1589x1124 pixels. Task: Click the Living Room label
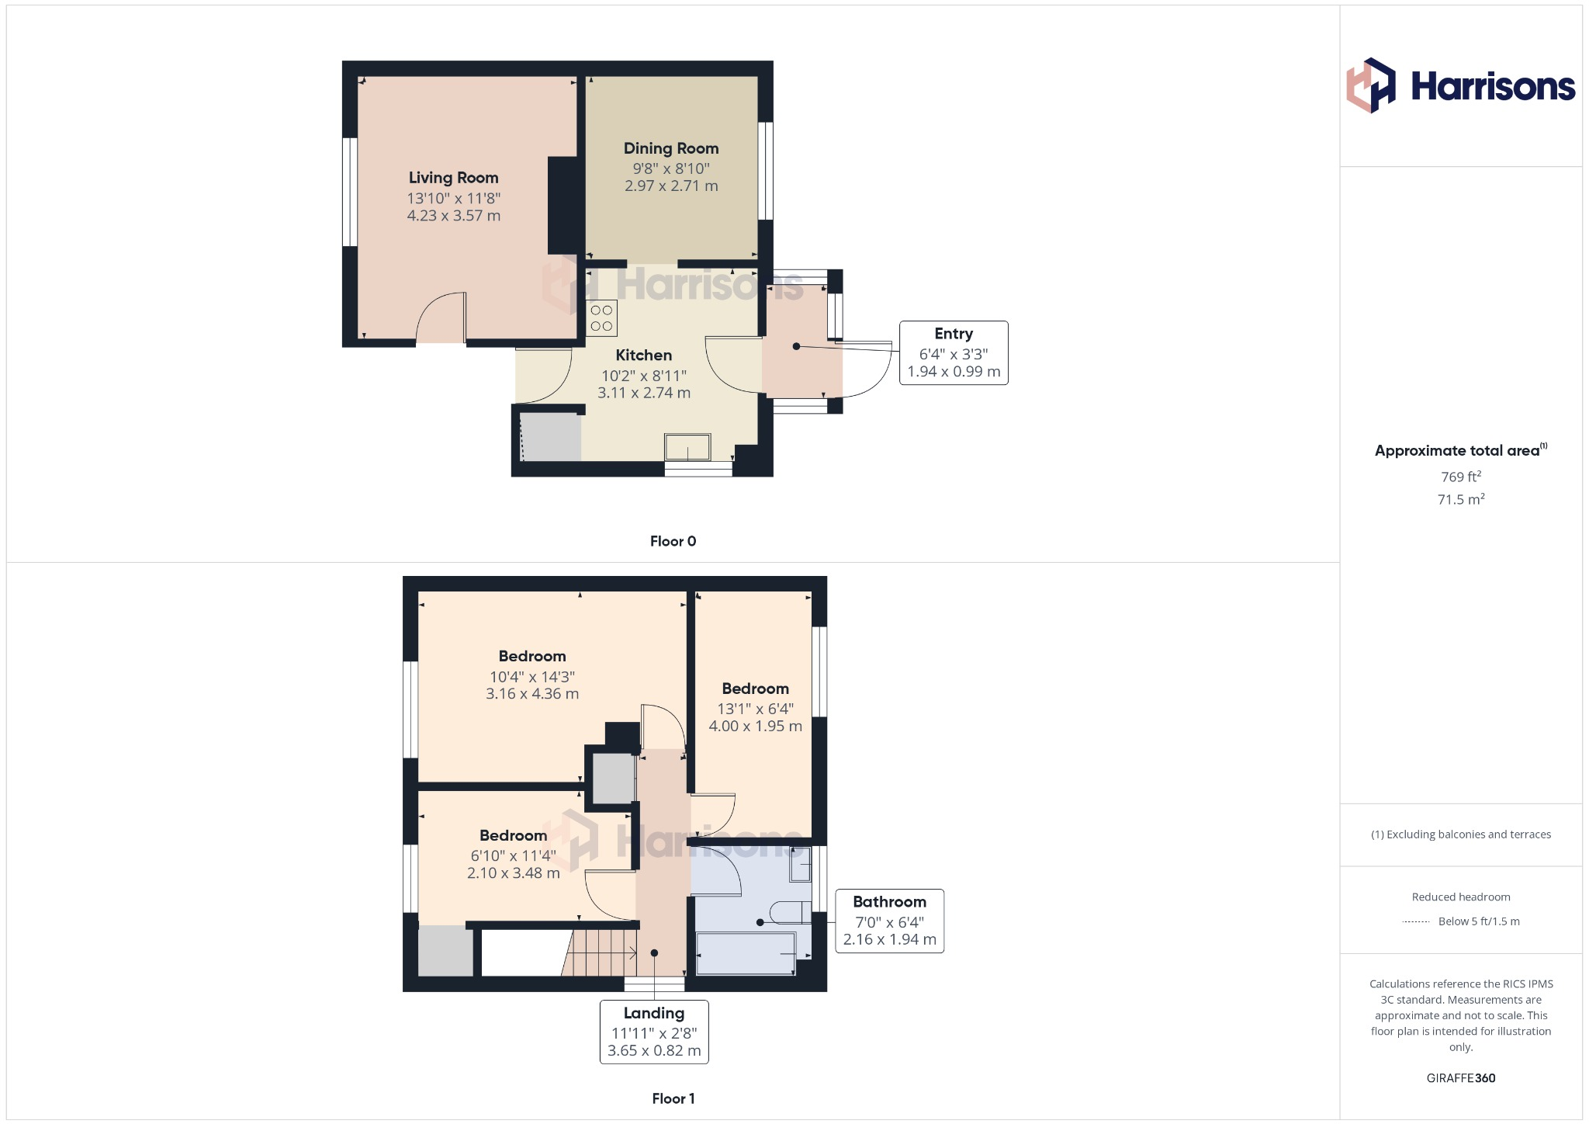[453, 178]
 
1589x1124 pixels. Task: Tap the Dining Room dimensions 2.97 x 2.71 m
[671, 186]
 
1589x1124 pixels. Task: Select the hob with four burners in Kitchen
[602, 318]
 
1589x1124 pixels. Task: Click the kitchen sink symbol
[687, 448]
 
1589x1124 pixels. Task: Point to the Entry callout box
[954, 353]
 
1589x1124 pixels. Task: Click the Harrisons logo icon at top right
[1371, 85]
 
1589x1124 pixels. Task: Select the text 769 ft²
[1461, 477]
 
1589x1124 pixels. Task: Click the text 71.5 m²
[1461, 499]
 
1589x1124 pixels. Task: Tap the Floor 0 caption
[673, 541]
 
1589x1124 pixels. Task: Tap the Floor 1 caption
[673, 1098]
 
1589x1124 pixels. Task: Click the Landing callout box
[654, 1032]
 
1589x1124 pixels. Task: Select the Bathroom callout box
[889, 921]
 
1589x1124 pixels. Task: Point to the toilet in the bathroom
[790, 913]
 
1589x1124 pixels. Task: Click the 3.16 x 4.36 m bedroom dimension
[532, 694]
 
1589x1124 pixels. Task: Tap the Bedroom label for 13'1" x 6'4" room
[755, 689]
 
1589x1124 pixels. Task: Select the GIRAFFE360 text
[1461, 1078]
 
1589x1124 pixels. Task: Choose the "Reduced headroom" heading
[1461, 897]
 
